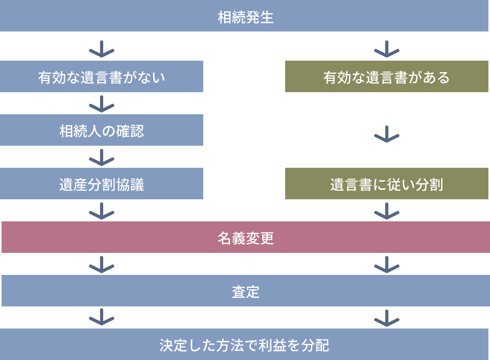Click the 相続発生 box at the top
point(245,17)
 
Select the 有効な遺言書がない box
point(102,77)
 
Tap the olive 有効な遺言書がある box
point(386,77)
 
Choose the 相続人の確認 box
point(102,130)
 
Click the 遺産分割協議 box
point(102,184)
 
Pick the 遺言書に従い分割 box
point(386,184)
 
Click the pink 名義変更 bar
point(245,238)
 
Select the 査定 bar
point(245,291)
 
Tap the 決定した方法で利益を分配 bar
point(245,345)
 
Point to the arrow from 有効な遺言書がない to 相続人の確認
point(102,104)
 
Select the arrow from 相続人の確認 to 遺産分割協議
point(102,157)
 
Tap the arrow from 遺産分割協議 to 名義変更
point(102,211)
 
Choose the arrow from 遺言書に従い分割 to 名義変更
point(386,211)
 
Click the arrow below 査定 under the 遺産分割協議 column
point(102,317)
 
